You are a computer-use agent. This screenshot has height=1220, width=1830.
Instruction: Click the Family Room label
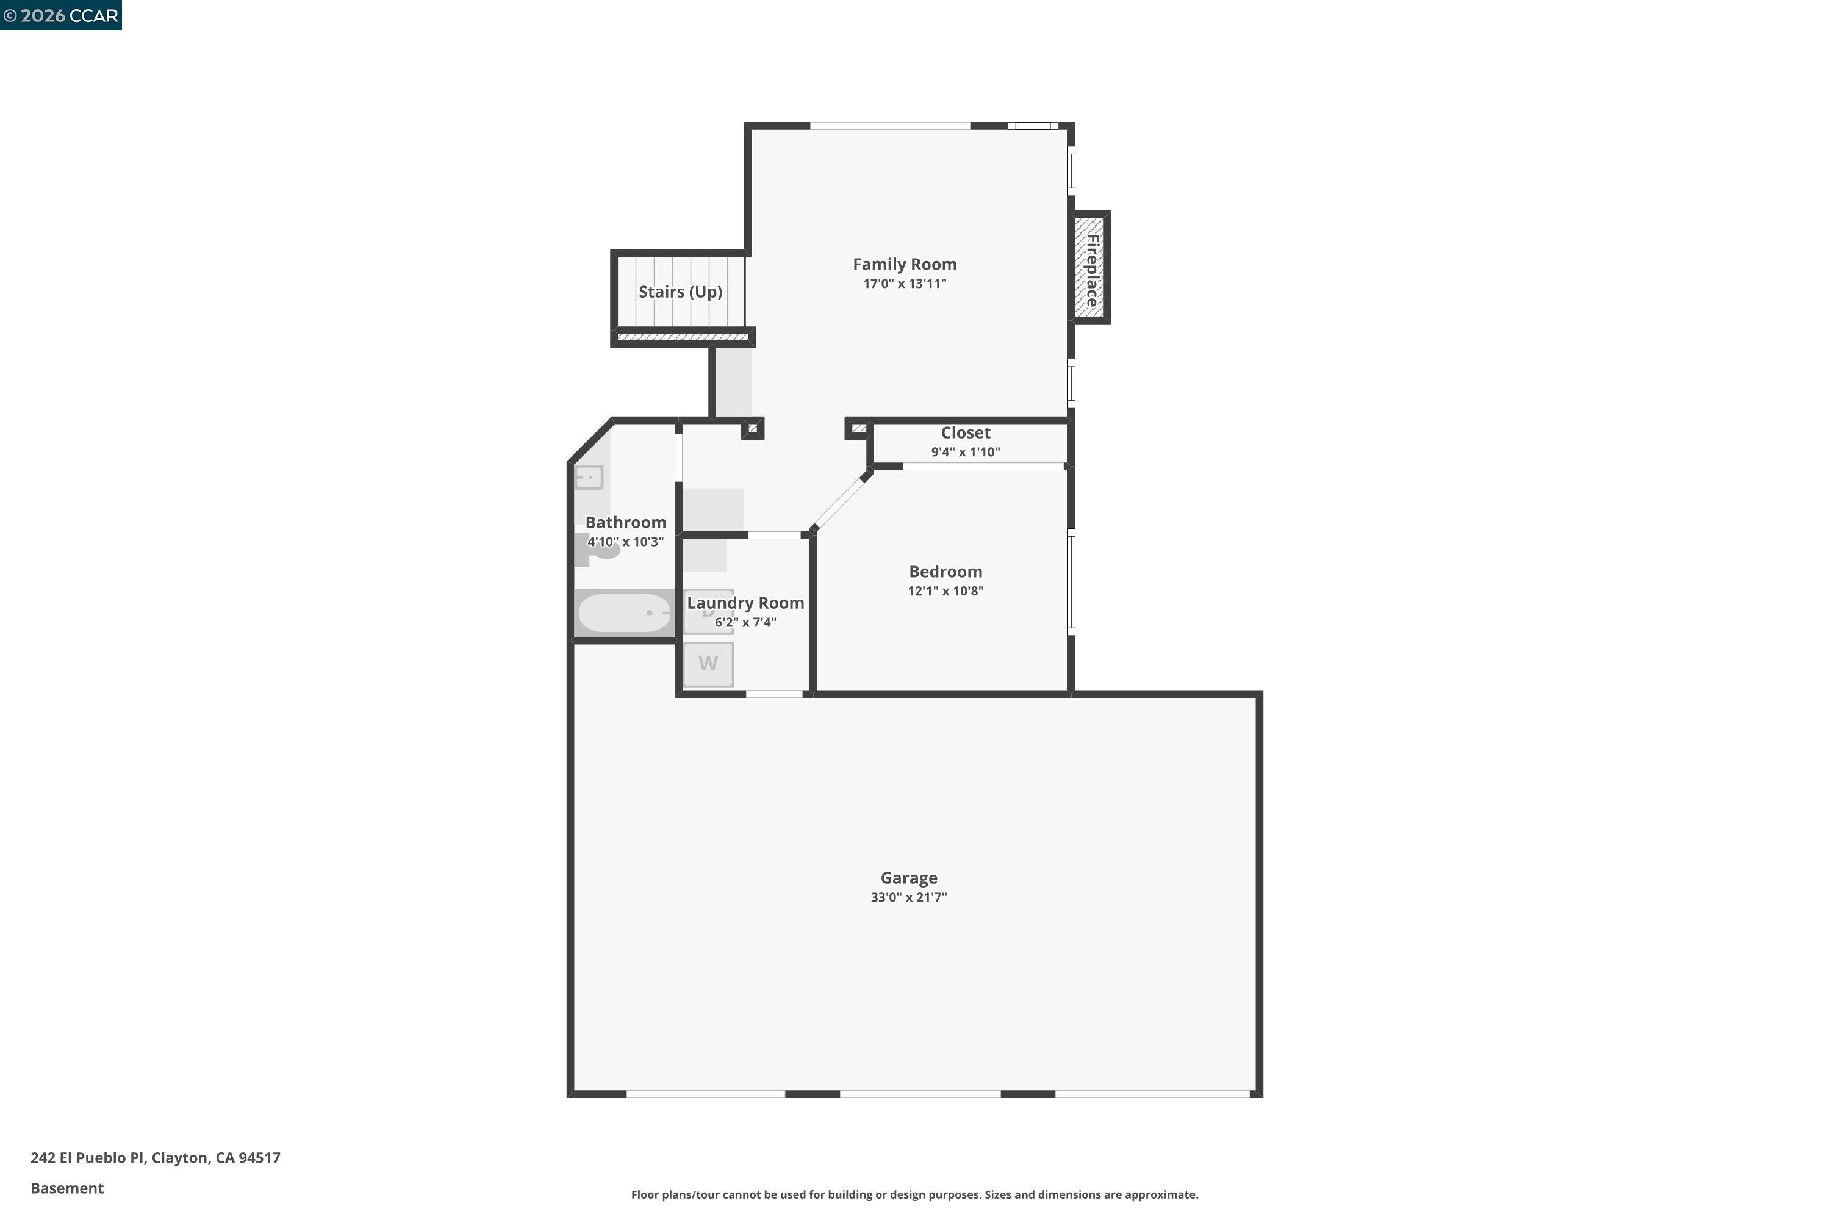tap(904, 265)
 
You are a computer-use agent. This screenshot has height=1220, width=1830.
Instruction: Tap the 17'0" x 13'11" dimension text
tap(904, 284)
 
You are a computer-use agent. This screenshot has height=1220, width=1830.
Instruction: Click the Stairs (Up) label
tap(680, 292)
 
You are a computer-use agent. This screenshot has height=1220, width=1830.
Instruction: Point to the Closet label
tap(965, 432)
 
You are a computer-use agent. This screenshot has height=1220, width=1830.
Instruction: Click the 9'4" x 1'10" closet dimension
tap(965, 452)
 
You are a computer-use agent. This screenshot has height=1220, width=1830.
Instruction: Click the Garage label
tap(908, 878)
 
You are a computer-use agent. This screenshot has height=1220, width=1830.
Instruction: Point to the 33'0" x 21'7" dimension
tap(908, 897)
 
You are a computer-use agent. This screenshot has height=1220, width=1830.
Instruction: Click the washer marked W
tap(707, 664)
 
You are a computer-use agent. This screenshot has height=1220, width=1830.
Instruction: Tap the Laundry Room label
tap(745, 603)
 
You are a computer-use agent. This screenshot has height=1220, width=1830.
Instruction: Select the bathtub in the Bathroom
tap(624, 613)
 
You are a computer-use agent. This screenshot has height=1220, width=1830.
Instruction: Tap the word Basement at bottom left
tap(67, 1188)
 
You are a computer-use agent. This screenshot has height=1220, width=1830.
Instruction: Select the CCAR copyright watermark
tap(60, 16)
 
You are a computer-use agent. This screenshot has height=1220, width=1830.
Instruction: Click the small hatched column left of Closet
tap(858, 429)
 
